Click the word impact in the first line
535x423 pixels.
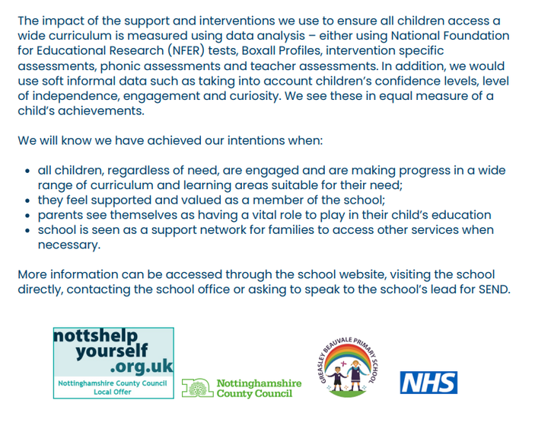point(62,20)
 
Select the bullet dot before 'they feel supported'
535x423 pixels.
point(28,200)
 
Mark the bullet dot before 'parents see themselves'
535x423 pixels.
point(28,216)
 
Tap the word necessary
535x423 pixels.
point(69,245)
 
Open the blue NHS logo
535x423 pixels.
point(428,382)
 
